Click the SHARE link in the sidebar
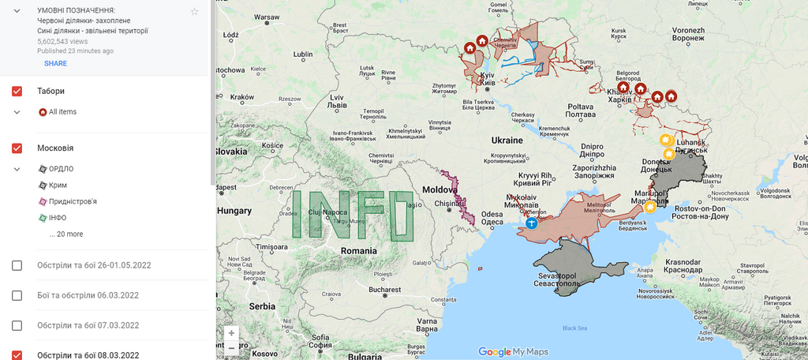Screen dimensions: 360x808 (x=55, y=64)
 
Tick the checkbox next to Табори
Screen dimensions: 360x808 (x=17, y=92)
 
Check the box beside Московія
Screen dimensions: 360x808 (x=17, y=148)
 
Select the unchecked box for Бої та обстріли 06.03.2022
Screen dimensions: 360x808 (x=17, y=295)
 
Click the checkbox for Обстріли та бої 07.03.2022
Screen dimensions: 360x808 (x=17, y=325)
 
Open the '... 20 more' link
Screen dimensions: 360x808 (x=65, y=234)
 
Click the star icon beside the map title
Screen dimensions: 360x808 (x=195, y=11)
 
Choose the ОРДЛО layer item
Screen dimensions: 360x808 (x=61, y=169)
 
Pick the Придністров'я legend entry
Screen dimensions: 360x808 (x=73, y=201)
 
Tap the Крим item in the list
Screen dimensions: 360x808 (x=58, y=185)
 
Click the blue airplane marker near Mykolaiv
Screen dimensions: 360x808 (x=531, y=223)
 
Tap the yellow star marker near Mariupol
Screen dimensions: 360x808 (x=650, y=208)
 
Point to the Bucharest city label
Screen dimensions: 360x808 (x=384, y=290)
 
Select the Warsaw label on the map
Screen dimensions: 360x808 (x=267, y=17)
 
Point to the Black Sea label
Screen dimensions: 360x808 (x=574, y=328)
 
